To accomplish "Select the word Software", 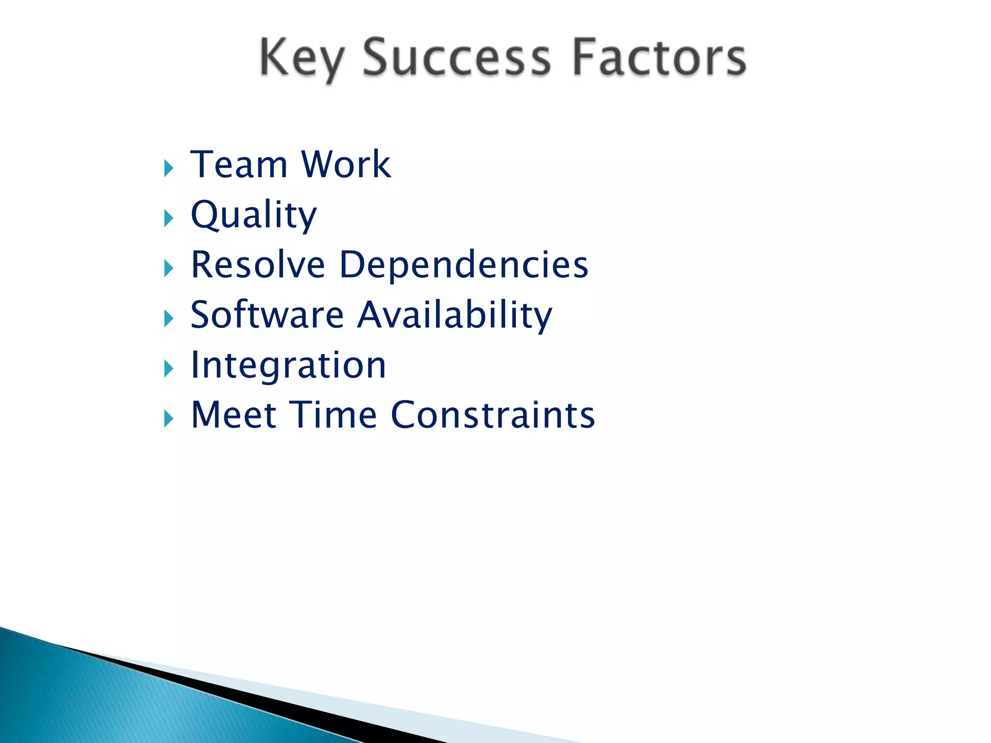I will point(267,315).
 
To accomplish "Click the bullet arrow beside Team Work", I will point(168,169).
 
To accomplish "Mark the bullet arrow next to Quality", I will point(168,219).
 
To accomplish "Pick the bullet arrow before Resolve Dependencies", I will point(168,268).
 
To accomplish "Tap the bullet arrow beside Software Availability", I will point(168,319).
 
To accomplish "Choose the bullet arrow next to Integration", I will point(168,369).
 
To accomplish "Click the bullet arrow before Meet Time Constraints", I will point(168,418).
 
